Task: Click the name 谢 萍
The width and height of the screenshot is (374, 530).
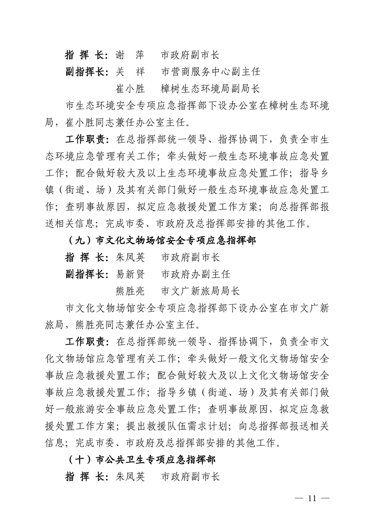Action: tap(130, 55)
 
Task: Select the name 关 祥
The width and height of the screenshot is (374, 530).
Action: tap(130, 72)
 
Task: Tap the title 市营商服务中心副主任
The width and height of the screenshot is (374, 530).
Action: tap(210, 72)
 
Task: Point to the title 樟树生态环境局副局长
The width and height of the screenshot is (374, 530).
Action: tap(210, 88)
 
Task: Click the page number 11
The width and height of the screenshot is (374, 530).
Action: tap(311, 498)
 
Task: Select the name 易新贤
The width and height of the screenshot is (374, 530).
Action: tap(130, 274)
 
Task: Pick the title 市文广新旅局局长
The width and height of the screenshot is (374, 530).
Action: tap(200, 291)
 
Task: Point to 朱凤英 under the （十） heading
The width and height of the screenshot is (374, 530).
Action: tap(130, 476)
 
